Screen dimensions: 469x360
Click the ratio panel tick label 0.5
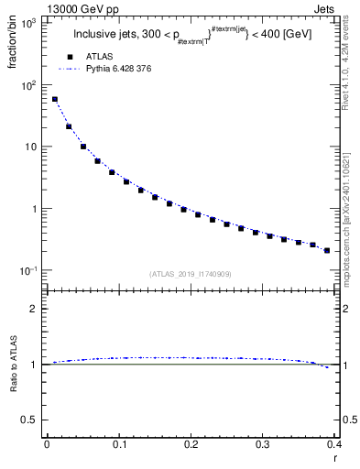pyautogui.click(x=32, y=420)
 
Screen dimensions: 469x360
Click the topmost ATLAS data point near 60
pyautogui.click(x=54, y=99)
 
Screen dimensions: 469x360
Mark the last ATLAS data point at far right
pyautogui.click(x=327, y=250)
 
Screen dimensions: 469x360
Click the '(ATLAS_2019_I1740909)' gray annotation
pyautogui.click(x=191, y=274)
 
